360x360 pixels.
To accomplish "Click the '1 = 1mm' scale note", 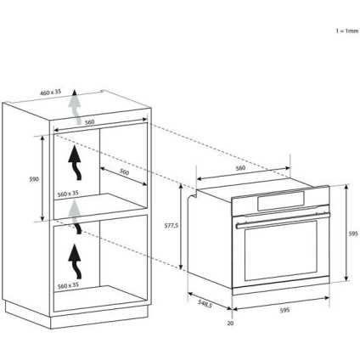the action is tap(347, 31).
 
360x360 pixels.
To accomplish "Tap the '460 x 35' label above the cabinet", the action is tap(50, 92).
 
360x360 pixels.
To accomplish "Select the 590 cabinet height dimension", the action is tap(34, 179).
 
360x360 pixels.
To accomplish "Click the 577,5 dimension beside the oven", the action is tap(172, 225).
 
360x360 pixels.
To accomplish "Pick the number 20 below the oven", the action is tap(230, 323).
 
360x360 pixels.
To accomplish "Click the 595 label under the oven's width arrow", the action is tap(284, 310).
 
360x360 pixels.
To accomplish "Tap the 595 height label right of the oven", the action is tap(353, 233).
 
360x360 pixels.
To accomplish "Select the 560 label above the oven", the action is tap(240, 168).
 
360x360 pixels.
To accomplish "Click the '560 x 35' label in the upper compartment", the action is tap(68, 194).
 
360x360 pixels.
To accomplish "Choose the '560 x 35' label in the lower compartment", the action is tap(68, 285).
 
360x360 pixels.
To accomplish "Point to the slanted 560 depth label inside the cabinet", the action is tap(124, 172).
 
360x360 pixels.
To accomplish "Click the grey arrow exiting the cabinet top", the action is tap(75, 107).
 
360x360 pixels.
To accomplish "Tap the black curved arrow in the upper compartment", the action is tap(75, 163).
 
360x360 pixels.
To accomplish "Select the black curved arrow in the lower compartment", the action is tap(75, 262).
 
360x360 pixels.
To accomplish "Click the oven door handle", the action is tap(283, 220).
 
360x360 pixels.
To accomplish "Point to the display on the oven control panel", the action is tap(281, 201).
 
